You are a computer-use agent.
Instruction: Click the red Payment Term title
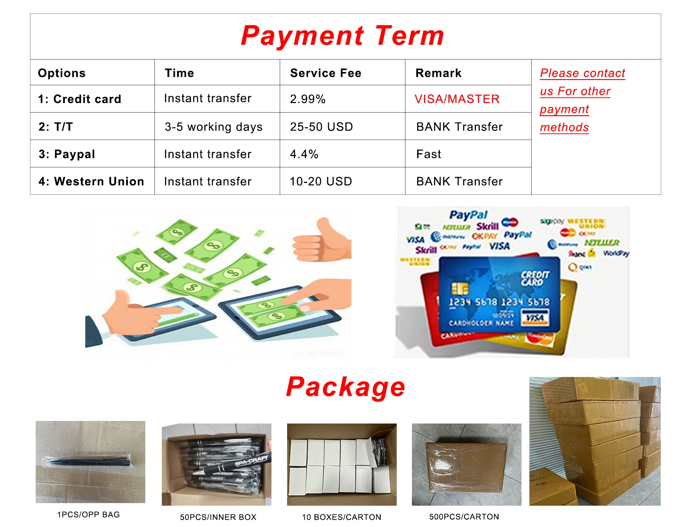342,36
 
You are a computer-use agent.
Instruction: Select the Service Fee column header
325,73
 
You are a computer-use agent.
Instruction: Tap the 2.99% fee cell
308,99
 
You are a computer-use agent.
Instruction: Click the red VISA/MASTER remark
457,99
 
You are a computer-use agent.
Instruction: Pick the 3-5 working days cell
213,127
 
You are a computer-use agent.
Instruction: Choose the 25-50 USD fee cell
321,127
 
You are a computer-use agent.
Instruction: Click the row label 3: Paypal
67,154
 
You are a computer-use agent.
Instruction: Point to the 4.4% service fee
304,154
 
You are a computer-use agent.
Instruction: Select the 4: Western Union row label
91,181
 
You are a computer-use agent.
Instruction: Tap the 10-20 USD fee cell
321,181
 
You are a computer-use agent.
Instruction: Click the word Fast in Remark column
428,154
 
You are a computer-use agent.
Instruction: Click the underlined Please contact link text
582,73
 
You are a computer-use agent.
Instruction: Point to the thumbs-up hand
322,241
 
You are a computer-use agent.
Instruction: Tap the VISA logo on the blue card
535,318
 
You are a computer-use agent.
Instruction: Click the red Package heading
345,387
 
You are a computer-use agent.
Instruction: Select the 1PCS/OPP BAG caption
88,514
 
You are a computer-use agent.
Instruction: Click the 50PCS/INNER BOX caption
218,517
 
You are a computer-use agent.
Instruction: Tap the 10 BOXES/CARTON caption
341,517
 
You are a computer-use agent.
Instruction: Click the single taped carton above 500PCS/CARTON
466,464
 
